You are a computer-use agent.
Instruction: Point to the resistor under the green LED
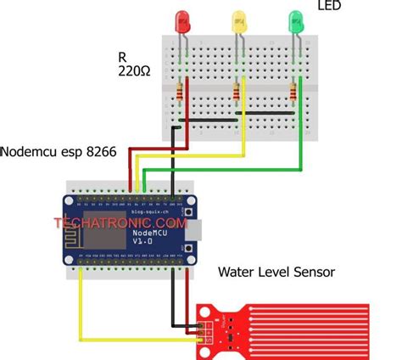[x=294, y=92]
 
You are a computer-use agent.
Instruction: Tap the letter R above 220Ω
[x=124, y=58]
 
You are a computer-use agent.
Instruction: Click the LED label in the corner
[x=330, y=8]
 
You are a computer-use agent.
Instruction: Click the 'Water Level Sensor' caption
[x=276, y=273]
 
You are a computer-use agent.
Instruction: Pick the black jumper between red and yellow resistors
[x=208, y=120]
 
